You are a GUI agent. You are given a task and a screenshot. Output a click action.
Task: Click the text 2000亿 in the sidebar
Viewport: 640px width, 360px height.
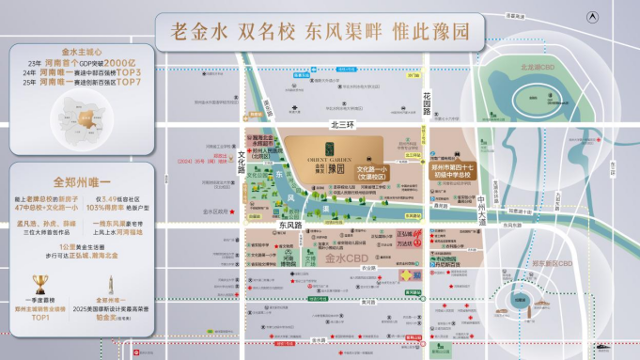point(119,61)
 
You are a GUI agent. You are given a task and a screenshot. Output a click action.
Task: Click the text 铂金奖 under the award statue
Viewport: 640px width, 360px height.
point(109,319)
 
